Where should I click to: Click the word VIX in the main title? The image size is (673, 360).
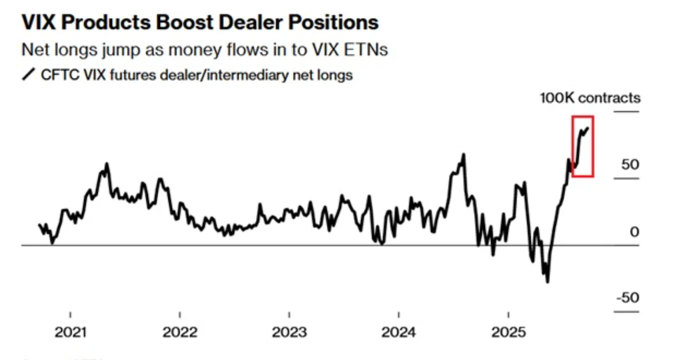[x=39, y=22]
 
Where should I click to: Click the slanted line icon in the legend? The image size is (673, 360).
[x=28, y=75]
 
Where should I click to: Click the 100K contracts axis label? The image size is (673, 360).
[x=590, y=98]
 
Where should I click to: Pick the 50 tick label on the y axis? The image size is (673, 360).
[x=630, y=164]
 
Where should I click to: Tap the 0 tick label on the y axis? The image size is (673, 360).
[x=634, y=231]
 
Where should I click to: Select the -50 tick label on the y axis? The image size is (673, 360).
[x=628, y=297]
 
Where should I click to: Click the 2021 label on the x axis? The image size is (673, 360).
[x=70, y=332]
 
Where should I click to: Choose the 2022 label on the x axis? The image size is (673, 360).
[x=180, y=332]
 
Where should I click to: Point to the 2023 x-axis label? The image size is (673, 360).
[x=289, y=332]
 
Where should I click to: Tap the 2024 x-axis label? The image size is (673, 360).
[x=398, y=332]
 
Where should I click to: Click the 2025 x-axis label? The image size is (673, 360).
[x=508, y=332]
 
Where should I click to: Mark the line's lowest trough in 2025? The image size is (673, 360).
[x=547, y=281]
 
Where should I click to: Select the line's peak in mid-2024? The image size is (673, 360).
[x=464, y=155]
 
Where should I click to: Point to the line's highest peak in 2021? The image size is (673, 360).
[x=107, y=164]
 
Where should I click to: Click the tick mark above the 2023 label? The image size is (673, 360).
[x=289, y=315]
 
